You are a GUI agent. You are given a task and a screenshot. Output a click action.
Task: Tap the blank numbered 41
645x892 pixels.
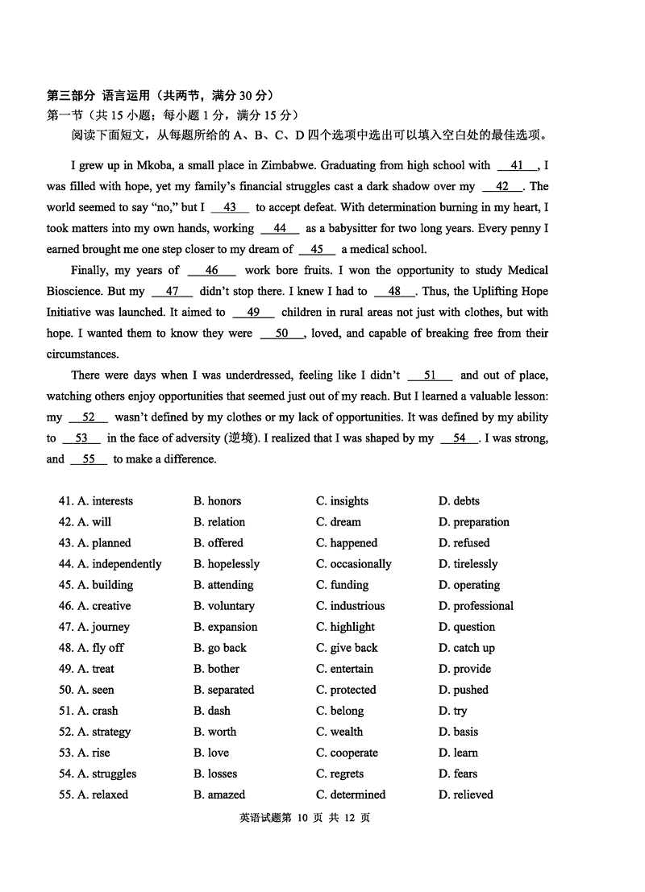pos(517,165)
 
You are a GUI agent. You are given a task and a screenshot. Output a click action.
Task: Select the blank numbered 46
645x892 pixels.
pos(211,270)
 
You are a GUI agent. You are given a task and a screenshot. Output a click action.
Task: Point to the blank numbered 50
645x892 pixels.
pos(281,333)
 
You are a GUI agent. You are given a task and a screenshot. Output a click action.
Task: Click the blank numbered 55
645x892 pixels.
pos(89,458)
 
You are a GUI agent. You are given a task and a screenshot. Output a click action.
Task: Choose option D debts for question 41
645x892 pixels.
pos(459,500)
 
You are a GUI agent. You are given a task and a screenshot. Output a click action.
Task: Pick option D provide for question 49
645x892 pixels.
pos(464,668)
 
